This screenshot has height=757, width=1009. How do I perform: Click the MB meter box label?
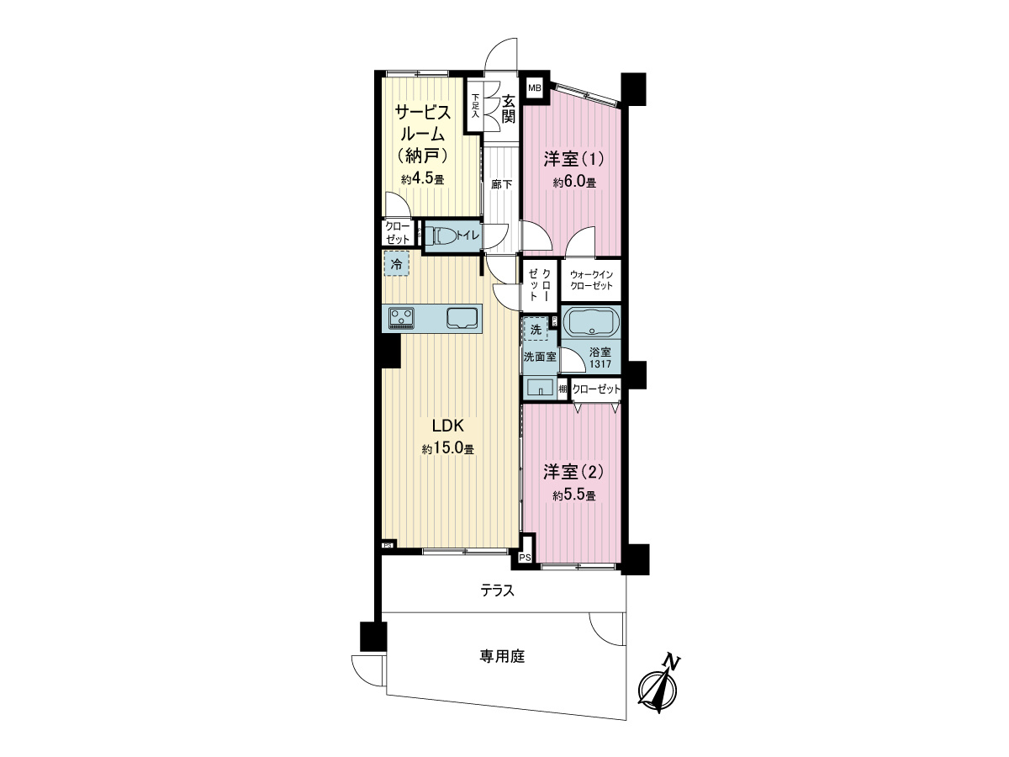534,88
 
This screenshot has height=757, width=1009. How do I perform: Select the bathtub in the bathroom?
590,322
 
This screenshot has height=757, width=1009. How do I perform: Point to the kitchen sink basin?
462,318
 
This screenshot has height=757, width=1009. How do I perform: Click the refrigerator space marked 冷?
396,263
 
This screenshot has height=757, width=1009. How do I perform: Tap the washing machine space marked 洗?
536,329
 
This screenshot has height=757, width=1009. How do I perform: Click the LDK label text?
447,426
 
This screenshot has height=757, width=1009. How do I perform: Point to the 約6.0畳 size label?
574,183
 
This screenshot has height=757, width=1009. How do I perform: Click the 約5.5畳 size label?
574,495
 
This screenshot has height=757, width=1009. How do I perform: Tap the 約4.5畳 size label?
422,179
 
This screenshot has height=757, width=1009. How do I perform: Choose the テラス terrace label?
498,590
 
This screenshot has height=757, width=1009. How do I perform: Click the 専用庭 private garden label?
502,656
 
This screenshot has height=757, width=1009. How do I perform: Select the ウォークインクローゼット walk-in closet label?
591,280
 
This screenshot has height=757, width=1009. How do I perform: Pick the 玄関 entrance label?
508,109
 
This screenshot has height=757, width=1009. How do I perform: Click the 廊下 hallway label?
501,184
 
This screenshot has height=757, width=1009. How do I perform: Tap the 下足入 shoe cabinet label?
475,106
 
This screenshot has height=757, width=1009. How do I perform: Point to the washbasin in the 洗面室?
541,387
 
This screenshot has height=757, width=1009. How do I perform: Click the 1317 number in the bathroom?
600,364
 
